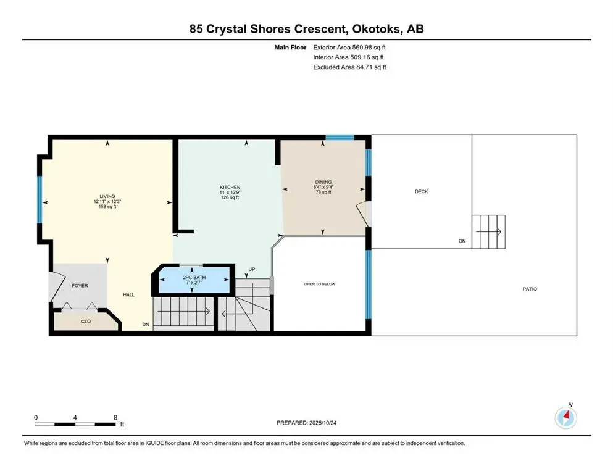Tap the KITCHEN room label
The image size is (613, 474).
pyautogui.click(x=230, y=188)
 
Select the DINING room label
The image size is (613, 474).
pyautogui.click(x=323, y=181)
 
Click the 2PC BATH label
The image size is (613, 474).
pyautogui.click(x=194, y=278)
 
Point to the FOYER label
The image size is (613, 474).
pyautogui.click(x=80, y=286)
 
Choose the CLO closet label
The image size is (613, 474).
pyautogui.click(x=86, y=322)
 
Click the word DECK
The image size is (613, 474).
pyautogui.click(x=421, y=191)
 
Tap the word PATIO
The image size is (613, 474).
pyautogui.click(x=529, y=289)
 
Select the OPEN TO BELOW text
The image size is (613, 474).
pyautogui.click(x=319, y=284)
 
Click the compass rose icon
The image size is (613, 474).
pyautogui.click(x=566, y=418)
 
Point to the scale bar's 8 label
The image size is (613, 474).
pyautogui.click(x=115, y=417)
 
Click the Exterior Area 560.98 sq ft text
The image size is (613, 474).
pyautogui.click(x=350, y=47)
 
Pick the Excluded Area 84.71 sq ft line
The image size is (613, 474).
pyautogui.click(x=350, y=67)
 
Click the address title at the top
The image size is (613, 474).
pyautogui.click(x=306, y=28)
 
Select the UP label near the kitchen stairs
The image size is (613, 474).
pyautogui.click(x=252, y=270)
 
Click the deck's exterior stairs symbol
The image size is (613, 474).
pyautogui.click(x=489, y=231)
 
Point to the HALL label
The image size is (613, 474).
pyautogui.click(x=128, y=295)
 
